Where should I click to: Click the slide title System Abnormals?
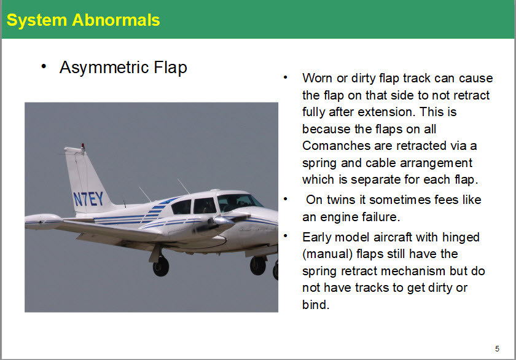84,20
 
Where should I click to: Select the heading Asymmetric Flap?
123,68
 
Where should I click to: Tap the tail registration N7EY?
88,199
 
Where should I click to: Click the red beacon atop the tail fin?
82,146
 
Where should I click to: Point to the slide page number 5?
497,348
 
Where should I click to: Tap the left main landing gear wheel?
161,266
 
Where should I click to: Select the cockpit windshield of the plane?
239,201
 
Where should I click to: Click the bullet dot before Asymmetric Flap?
44,67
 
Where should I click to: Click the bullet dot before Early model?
285,236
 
